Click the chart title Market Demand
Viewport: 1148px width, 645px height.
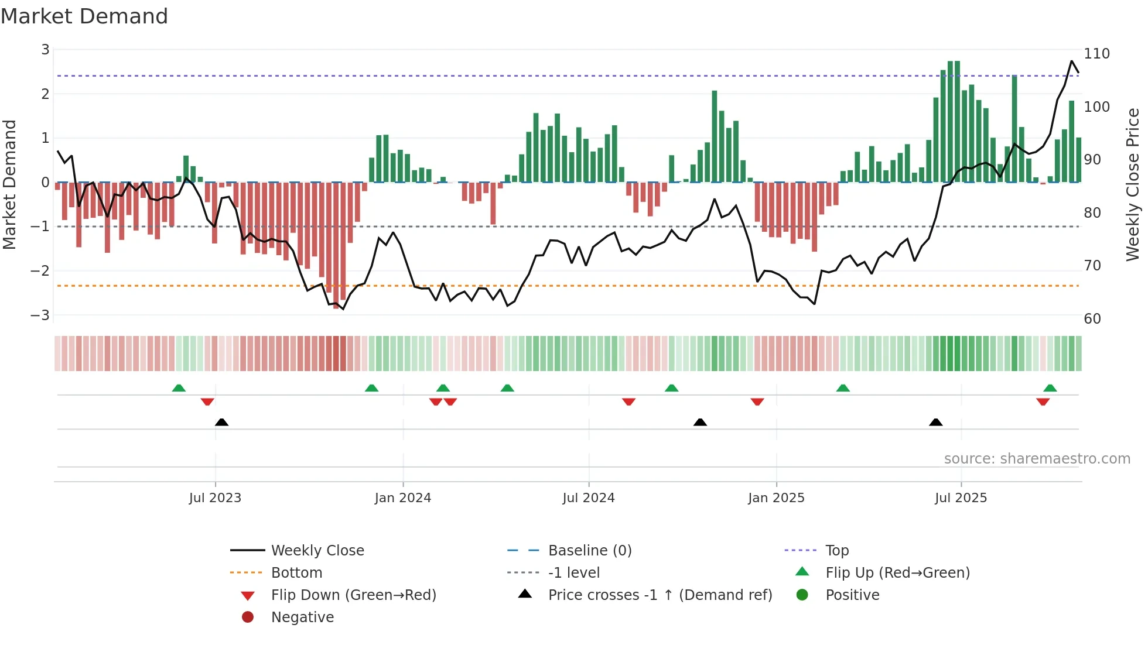click(84, 16)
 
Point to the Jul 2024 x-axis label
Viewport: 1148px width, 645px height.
click(588, 498)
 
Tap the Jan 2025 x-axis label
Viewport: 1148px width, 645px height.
click(776, 498)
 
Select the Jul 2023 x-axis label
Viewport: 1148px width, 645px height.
click(215, 498)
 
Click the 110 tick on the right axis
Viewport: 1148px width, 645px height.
click(1096, 54)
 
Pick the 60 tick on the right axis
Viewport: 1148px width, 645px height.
click(1092, 319)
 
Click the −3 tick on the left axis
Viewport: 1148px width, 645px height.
click(40, 315)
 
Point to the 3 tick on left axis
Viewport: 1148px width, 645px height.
click(45, 50)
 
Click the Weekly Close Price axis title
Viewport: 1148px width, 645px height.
click(1133, 184)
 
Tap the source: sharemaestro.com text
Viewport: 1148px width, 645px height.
click(1037, 459)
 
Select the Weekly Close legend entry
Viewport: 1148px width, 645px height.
click(317, 551)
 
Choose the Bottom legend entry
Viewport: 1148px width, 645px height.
click(296, 573)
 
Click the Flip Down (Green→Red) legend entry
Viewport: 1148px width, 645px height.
click(353, 595)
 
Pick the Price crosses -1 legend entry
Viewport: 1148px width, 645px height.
click(660, 595)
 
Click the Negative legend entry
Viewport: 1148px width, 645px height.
click(302, 617)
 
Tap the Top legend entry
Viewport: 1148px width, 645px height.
click(836, 551)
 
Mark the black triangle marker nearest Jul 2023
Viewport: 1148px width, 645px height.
click(221, 422)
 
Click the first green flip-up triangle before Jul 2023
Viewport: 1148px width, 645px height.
click(179, 388)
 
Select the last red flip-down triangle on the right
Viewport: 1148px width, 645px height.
click(1043, 402)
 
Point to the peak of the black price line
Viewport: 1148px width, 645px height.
click(1072, 61)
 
